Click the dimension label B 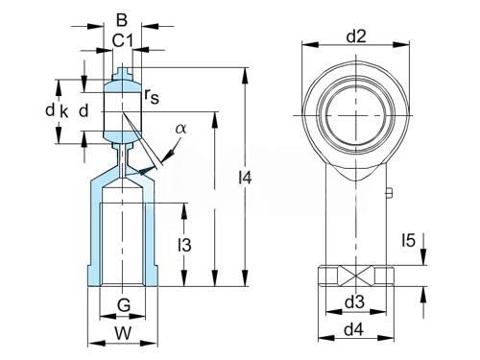[122, 20]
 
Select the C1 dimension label [123, 40]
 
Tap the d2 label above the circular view [356, 36]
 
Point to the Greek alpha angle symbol [180, 129]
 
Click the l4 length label [246, 178]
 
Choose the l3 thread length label [184, 245]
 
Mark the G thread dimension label [124, 305]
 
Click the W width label [123, 333]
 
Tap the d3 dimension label [354, 301]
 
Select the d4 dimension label [354, 329]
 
